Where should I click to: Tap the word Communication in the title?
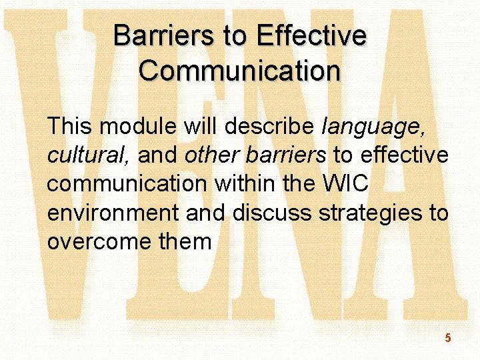[x=240, y=70]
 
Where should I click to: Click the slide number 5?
[x=448, y=338]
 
